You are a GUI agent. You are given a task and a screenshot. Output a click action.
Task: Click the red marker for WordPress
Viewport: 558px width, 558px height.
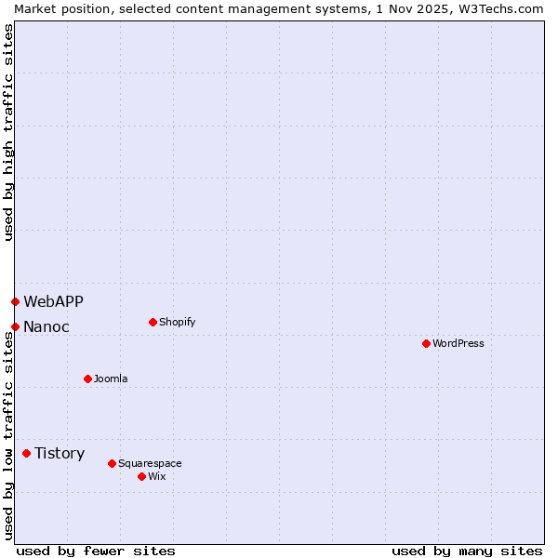tap(426, 343)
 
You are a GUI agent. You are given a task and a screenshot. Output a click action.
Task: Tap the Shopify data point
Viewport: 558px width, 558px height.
tap(153, 322)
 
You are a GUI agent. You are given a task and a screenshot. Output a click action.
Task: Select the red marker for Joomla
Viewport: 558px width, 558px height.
tap(87, 379)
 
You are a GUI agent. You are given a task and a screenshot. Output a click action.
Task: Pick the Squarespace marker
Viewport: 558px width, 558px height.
tap(112, 463)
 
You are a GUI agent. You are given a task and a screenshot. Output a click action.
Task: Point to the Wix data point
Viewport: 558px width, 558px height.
tap(141, 476)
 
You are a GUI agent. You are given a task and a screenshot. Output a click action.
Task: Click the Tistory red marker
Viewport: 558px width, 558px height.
tap(26, 453)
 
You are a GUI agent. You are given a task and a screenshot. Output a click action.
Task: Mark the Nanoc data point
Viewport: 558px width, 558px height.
tap(15, 326)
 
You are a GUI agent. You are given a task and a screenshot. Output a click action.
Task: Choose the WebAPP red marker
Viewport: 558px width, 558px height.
tap(15, 301)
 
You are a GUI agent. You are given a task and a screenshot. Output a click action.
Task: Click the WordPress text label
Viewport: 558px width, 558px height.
tap(458, 343)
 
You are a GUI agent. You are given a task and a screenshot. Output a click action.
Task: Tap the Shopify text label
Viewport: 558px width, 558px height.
tap(177, 322)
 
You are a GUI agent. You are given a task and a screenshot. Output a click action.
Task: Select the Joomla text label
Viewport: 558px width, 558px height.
tap(111, 379)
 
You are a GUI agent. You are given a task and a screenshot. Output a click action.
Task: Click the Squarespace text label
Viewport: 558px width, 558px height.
tap(150, 463)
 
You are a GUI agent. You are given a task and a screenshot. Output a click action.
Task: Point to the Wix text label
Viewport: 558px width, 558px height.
tap(156, 476)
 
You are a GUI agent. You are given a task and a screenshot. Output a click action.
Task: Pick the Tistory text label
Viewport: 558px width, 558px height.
tap(60, 453)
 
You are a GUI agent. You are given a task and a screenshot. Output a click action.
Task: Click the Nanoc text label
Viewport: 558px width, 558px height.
tap(46, 326)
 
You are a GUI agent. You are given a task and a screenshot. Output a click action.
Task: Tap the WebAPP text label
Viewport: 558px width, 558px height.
tap(53, 301)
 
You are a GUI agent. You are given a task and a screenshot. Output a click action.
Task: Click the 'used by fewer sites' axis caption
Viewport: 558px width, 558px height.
tap(96, 551)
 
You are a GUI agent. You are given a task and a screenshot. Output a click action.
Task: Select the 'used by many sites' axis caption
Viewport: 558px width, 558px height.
tap(467, 551)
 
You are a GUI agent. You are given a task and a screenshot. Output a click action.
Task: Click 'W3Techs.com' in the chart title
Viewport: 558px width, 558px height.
tap(498, 8)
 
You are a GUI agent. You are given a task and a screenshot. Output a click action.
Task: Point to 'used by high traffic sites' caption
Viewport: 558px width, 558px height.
tap(9, 132)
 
